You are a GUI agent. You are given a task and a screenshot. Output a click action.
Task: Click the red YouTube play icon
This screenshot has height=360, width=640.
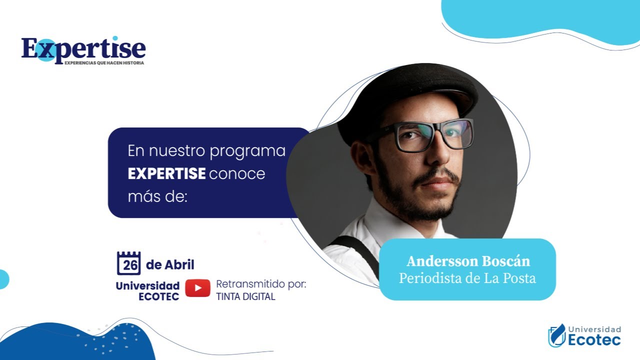coord(197,288)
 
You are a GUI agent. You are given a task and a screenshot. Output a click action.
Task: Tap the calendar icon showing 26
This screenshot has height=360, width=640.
coord(129,263)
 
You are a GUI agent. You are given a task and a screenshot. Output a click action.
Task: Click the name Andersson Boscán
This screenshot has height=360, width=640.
coord(468,261)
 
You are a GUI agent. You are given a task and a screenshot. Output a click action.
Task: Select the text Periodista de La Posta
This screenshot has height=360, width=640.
coord(467,278)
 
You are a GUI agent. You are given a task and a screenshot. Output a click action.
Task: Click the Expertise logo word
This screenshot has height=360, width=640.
coord(83,48)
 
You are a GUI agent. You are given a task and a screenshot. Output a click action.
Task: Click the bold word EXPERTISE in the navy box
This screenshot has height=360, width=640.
coord(166,174)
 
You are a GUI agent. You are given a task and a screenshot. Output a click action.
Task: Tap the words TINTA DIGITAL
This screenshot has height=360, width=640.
coord(245,296)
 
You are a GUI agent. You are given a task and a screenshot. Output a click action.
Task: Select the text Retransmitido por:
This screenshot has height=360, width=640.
coord(260,284)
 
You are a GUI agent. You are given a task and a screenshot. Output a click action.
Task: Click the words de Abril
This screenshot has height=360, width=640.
coord(170,264)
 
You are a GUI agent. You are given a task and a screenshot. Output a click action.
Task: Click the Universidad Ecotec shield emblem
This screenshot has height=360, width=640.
coord(556,335)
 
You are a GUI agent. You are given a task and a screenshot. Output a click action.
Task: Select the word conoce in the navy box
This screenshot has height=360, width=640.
coord(237,174)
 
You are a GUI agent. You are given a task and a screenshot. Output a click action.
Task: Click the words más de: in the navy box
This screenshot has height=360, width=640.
coord(157,197)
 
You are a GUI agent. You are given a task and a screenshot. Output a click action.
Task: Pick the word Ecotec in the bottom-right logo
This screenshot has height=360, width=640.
coord(594,340)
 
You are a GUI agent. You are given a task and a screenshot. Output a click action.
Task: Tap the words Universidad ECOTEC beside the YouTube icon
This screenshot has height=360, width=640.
coord(147,291)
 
